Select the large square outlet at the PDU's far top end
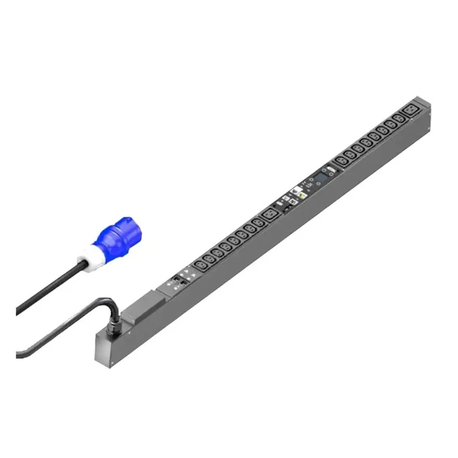(412, 109)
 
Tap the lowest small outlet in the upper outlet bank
(341, 160)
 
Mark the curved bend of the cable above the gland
(108, 302)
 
